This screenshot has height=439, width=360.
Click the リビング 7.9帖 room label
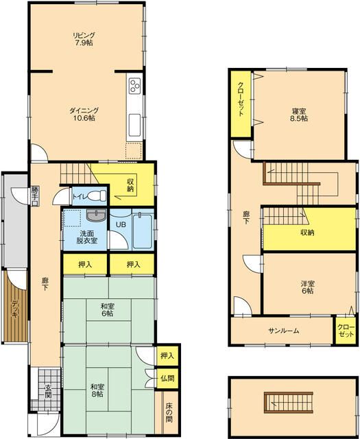84,39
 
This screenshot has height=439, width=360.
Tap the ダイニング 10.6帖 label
84,115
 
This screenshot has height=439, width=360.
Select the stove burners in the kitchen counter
134,86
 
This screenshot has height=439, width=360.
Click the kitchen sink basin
134,125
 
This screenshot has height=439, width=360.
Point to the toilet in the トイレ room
97,195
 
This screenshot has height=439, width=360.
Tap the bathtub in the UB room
143,231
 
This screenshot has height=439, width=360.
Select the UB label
121,224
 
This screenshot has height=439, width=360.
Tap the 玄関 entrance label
48,392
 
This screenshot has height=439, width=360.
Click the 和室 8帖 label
97,390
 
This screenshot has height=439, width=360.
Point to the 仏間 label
167,378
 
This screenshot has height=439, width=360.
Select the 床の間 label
169,412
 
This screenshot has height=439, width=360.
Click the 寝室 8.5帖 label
299,115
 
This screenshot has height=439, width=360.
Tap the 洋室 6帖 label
307,287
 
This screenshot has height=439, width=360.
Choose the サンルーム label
284,331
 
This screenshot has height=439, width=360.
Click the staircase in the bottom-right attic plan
288,403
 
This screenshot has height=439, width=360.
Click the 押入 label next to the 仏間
167,355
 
